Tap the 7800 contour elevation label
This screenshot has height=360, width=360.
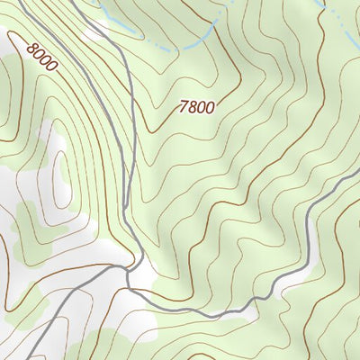(197, 107)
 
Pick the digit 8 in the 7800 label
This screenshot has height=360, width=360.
(193, 107)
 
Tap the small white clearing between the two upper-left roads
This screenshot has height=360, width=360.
(93, 34)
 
